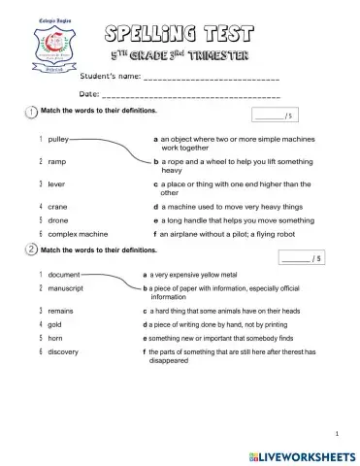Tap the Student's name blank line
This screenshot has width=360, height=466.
click(212, 77)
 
